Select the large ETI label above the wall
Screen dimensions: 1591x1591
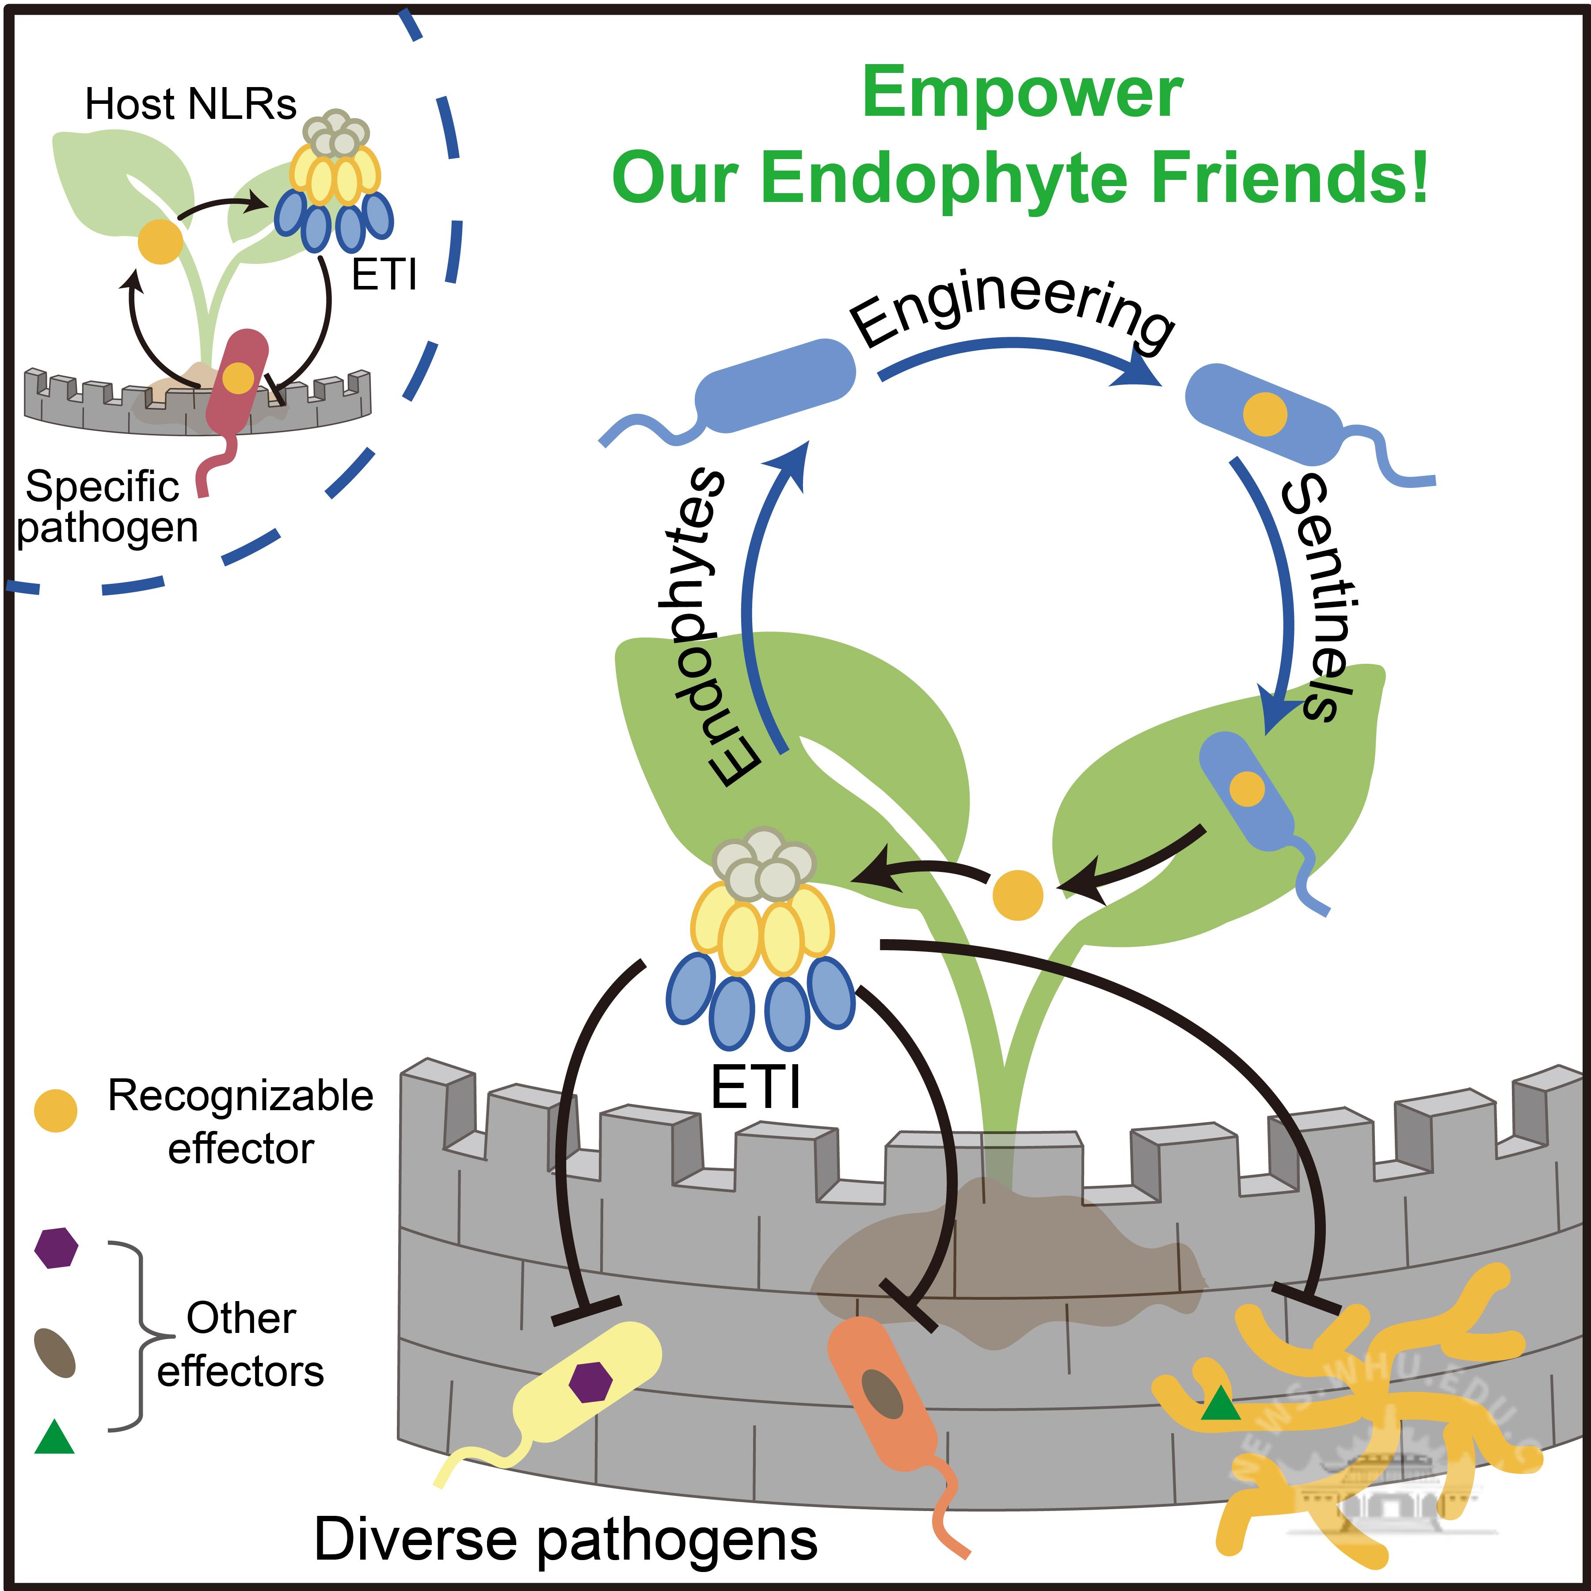755,1089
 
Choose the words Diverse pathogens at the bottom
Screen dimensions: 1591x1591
566,1539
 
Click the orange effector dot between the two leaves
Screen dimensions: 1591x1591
1018,895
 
